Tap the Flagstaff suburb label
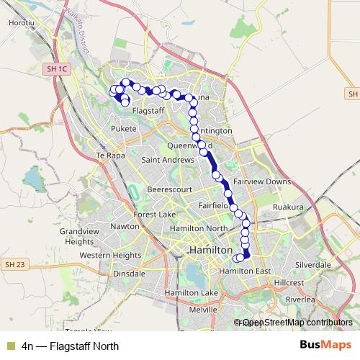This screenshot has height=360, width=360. click(148, 110)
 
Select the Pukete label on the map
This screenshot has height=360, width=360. click(124, 129)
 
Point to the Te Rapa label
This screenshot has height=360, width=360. click(111, 155)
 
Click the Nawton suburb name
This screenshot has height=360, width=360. click(125, 226)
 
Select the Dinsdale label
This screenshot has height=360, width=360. click(130, 274)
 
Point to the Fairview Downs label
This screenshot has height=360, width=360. click(262, 182)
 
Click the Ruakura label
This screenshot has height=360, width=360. click(289, 207)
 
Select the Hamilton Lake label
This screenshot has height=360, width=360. click(190, 294)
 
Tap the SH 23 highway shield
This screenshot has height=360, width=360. click(14, 265)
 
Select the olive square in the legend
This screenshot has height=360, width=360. click(10, 345)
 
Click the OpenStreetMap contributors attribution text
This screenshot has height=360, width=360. click(293, 323)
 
